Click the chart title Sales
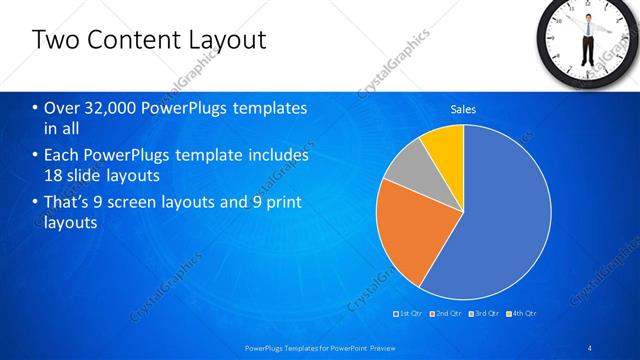(x=463, y=109)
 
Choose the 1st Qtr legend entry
(x=410, y=314)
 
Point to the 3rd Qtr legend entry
(x=486, y=314)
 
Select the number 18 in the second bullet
(x=54, y=177)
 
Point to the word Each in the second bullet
(x=63, y=156)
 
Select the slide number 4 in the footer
(x=590, y=346)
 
